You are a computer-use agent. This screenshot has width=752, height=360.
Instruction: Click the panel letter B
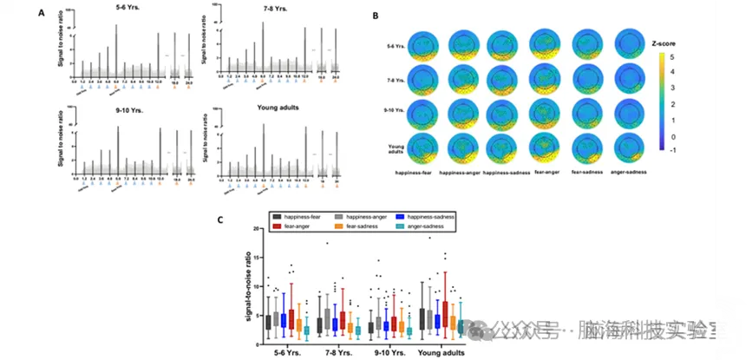(x=374, y=15)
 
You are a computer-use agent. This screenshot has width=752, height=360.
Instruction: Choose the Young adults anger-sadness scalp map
(x=633, y=145)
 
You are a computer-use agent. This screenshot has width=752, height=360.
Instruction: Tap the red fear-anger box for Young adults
(x=446, y=311)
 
